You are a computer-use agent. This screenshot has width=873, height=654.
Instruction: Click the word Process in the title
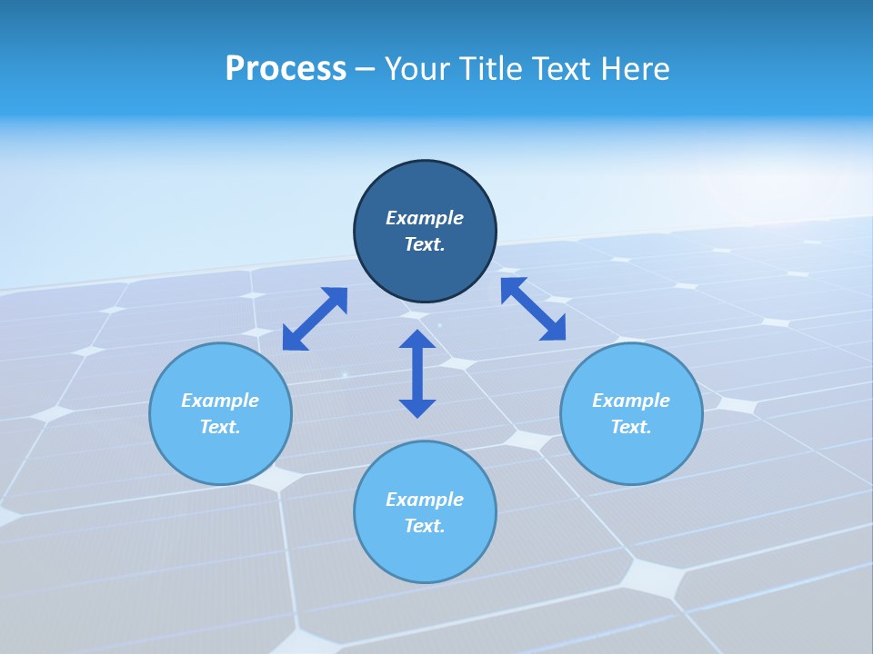[x=286, y=69]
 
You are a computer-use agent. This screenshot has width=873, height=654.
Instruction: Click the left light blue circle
[x=220, y=445]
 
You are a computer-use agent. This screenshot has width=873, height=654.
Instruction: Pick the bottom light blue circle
[x=425, y=554]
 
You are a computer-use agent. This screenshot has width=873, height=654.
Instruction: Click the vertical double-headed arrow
[x=417, y=373]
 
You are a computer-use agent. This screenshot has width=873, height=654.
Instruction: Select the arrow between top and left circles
[x=315, y=318]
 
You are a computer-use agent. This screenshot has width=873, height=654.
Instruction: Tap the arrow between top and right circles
[x=533, y=309]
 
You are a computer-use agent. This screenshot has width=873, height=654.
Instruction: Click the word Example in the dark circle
[x=425, y=218]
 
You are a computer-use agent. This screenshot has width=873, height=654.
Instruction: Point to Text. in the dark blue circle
[x=425, y=244]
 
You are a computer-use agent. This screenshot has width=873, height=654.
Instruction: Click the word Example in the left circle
[x=220, y=401]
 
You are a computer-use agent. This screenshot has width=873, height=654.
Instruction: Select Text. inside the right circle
[x=631, y=427]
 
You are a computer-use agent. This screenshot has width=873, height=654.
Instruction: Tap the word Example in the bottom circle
[x=425, y=500]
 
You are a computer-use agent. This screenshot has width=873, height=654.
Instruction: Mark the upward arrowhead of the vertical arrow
[x=417, y=339]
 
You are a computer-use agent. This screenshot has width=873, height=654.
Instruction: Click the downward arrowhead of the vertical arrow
[x=417, y=408]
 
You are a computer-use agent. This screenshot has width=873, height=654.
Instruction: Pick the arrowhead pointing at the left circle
[x=293, y=339]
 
